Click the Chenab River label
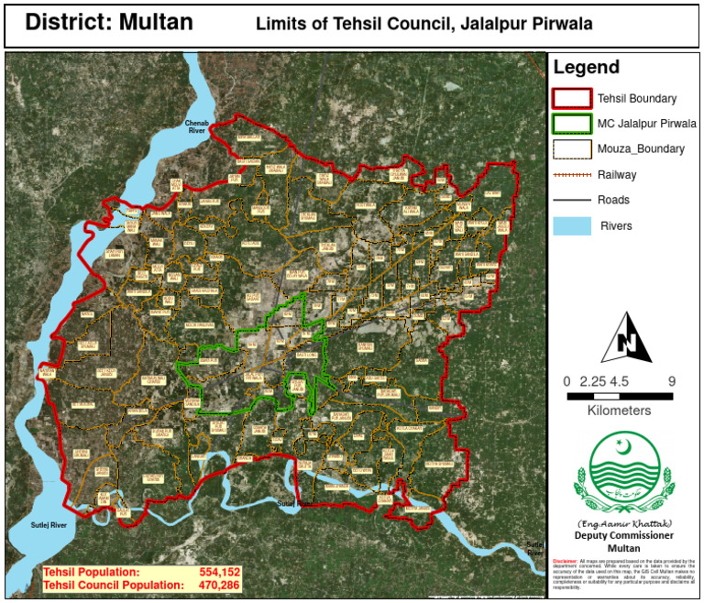click(199, 126)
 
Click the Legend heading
click(587, 68)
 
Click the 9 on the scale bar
click(672, 381)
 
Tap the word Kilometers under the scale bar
click(619, 411)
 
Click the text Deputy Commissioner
click(623, 535)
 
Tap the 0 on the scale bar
click(566, 381)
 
